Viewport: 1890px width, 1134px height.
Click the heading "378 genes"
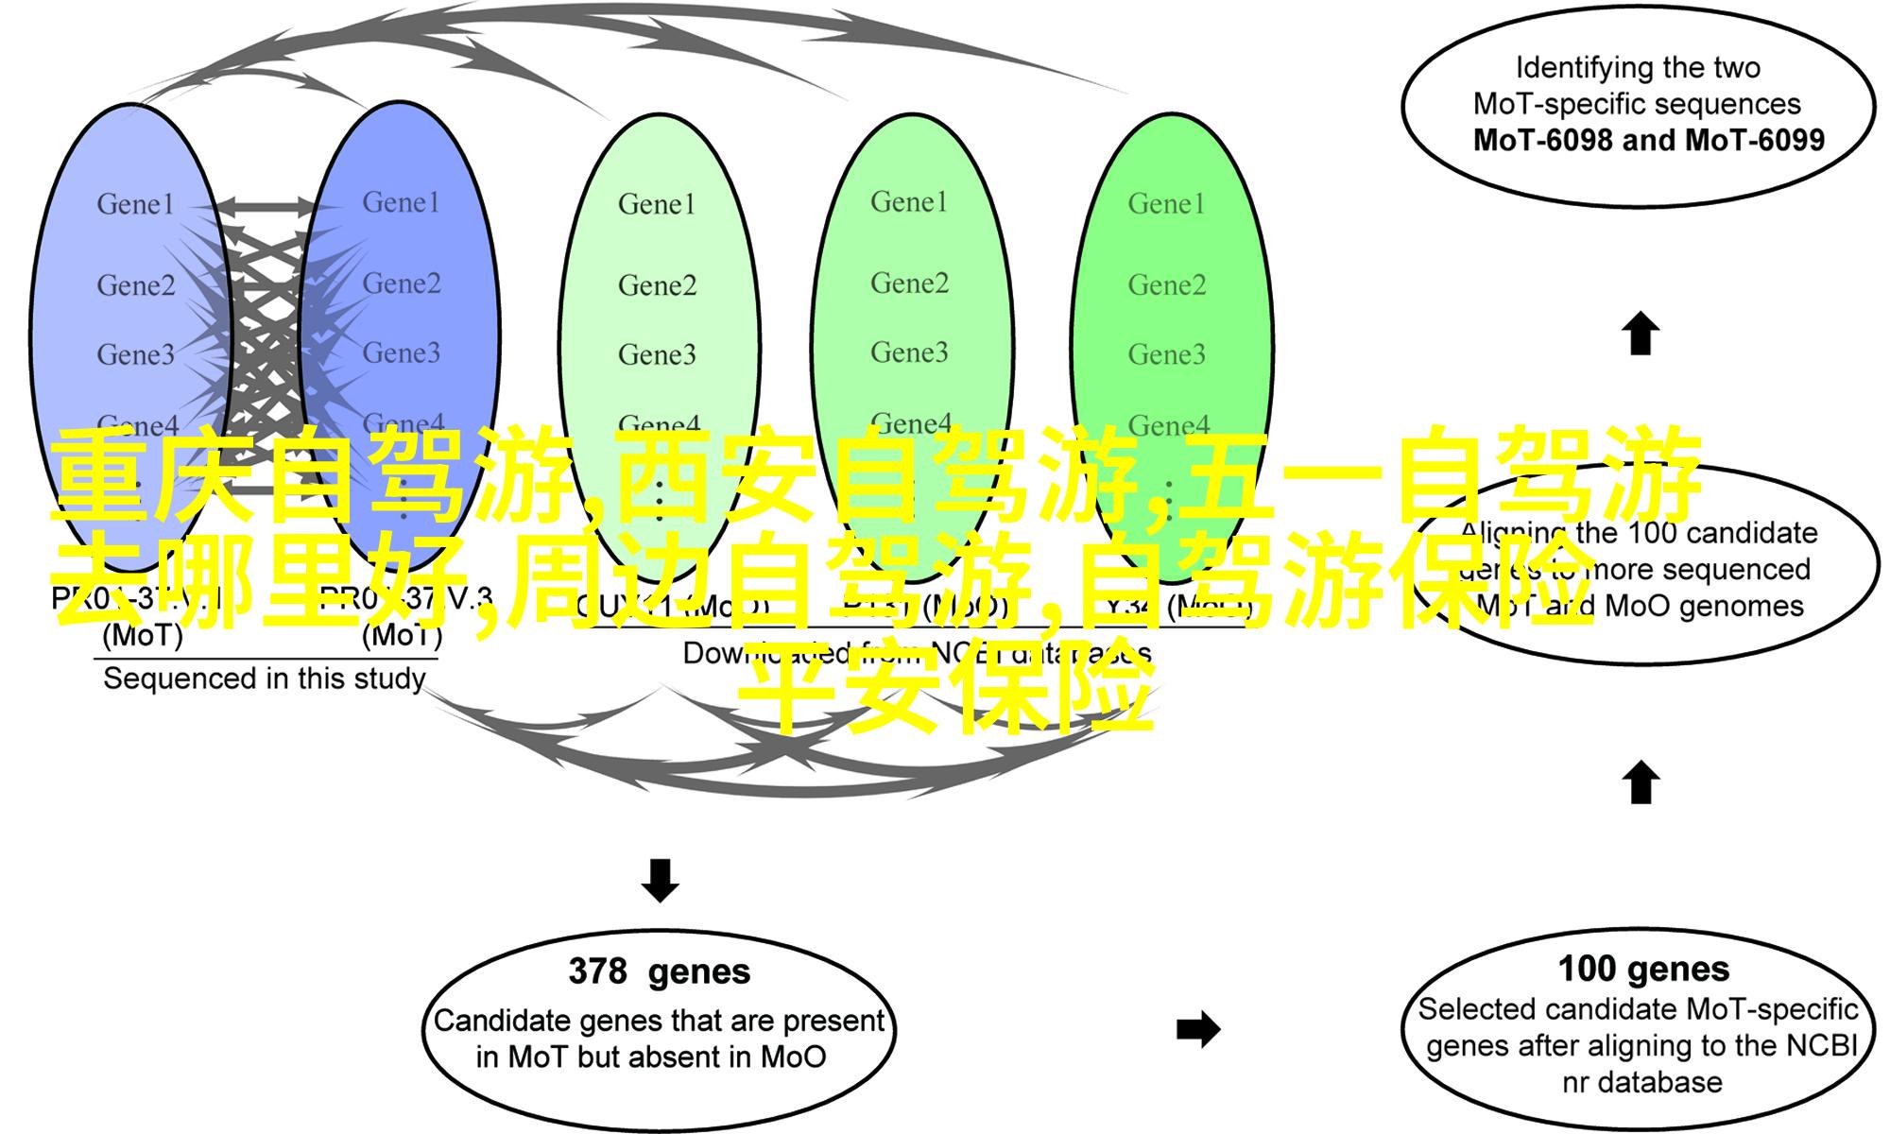point(659,971)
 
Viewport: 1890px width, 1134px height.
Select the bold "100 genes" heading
point(1643,969)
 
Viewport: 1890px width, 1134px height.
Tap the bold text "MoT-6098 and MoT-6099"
point(1648,140)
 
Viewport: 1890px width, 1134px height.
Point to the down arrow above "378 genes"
point(660,880)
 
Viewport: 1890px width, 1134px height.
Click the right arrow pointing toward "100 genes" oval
point(1198,1029)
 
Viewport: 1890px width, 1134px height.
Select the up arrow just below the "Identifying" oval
point(1641,334)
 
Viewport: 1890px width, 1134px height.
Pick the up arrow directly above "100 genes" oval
point(1641,783)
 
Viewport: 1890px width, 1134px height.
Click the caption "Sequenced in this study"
point(264,679)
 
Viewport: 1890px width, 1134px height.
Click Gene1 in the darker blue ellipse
point(402,202)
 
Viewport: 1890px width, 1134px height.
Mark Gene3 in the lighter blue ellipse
point(135,354)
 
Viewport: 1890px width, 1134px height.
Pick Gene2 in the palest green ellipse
point(657,284)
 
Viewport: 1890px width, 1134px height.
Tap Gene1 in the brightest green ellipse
point(1166,203)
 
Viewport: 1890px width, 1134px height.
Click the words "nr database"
point(1641,1082)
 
